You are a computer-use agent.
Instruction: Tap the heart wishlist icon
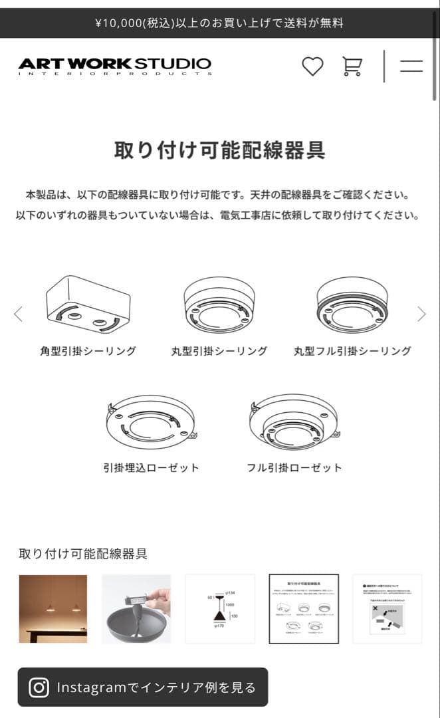(312, 66)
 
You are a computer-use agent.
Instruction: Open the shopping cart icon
(352, 66)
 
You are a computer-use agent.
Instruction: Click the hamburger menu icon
(411, 66)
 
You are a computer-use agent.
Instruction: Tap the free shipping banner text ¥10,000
(219, 23)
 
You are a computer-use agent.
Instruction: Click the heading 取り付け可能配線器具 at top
(219, 150)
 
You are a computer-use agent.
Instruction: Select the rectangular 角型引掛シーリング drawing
(87, 304)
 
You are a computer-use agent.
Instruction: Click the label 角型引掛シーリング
(88, 351)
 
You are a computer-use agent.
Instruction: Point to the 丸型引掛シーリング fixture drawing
(219, 304)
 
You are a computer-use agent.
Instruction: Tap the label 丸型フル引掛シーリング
(352, 351)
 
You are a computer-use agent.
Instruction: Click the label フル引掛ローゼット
(294, 468)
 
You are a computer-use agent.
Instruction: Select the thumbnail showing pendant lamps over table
(53, 609)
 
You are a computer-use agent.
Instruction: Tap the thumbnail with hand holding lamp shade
(136, 609)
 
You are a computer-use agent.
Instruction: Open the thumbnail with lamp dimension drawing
(220, 609)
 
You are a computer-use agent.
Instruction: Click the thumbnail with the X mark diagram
(387, 609)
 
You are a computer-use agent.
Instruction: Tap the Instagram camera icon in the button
(39, 687)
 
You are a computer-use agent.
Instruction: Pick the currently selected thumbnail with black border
(304, 609)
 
